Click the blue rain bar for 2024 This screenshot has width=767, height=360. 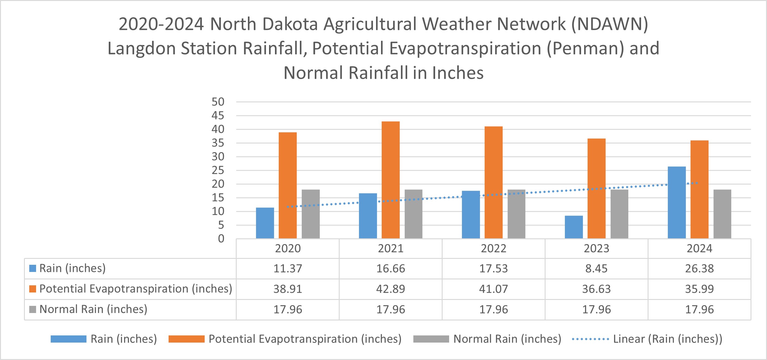tap(676, 203)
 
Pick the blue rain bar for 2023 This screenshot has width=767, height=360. tap(574, 227)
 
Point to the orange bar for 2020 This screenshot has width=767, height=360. tap(287, 185)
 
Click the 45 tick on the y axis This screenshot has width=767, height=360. tap(218, 116)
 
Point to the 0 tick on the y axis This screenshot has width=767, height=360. tap(221, 239)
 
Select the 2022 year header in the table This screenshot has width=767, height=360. tap(493, 249)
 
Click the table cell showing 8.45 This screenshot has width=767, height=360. tap(596, 269)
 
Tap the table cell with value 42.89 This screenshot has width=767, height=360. tap(390, 289)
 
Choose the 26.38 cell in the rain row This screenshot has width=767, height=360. tap(699, 269)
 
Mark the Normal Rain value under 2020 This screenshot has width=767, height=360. tap(287, 310)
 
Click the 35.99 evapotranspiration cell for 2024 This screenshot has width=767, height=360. tap(699, 289)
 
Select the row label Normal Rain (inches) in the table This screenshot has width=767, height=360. tap(93, 309)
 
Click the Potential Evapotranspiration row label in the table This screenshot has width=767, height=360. tap(136, 289)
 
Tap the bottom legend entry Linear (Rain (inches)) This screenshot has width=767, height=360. tap(667, 339)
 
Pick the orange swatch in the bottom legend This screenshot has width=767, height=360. tap(186, 339)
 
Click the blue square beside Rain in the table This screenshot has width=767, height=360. tap(33, 268)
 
